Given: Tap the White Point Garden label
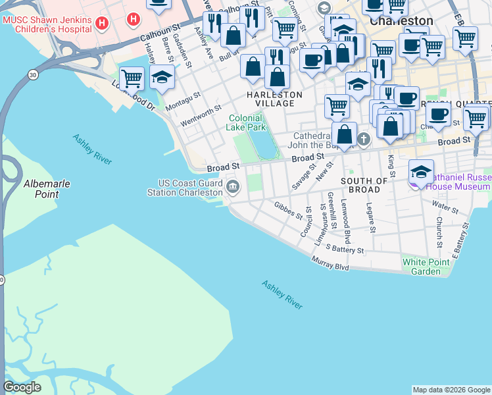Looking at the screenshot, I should [426, 267].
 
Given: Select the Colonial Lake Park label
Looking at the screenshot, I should [246, 122].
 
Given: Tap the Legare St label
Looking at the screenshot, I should [372, 218].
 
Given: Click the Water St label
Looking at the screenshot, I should [445, 209].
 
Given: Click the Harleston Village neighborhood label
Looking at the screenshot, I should [274, 99].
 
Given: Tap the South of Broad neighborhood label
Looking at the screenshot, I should [364, 185].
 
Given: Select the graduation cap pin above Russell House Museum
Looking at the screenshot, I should [421, 172].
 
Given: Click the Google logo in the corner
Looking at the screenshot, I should [22, 386].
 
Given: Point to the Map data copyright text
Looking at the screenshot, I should [451, 390].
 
